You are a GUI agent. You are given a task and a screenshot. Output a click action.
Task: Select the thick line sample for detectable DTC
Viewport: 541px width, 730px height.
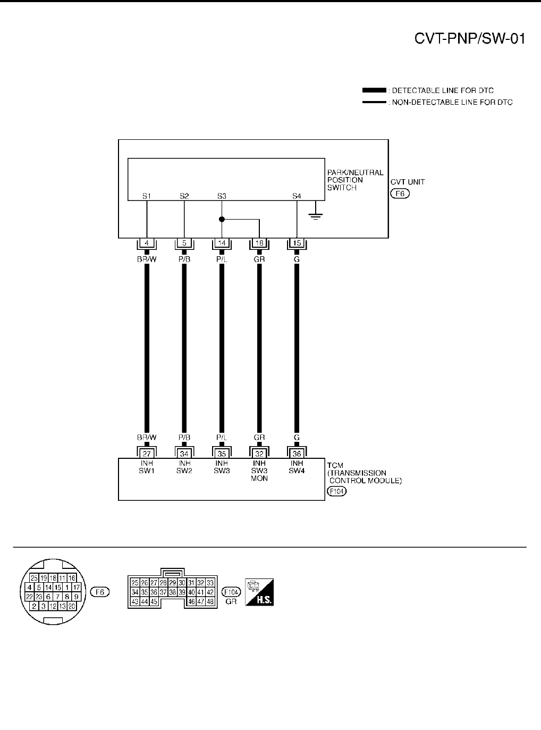(374, 90)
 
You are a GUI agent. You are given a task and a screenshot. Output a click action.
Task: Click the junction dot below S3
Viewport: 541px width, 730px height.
(222, 219)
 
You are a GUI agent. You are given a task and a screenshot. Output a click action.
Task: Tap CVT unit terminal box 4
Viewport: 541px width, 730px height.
(147, 244)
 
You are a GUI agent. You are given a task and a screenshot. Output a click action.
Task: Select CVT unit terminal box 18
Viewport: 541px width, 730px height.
(259, 244)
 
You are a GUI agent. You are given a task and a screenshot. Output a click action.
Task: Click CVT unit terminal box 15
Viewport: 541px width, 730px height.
(297, 244)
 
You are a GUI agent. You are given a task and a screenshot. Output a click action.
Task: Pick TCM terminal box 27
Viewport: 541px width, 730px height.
(147, 454)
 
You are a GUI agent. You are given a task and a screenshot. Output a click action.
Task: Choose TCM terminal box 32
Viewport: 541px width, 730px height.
(259, 454)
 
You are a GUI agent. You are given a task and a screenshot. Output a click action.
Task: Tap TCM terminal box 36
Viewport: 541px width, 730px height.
(297, 454)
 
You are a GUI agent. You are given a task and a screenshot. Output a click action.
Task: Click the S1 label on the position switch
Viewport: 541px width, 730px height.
(147, 196)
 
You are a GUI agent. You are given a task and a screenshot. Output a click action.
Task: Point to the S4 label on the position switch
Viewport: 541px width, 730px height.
(297, 196)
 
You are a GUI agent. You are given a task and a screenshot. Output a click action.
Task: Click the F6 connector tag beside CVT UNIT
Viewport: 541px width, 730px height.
(400, 194)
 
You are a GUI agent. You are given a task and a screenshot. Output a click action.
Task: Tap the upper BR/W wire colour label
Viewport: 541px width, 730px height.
(147, 259)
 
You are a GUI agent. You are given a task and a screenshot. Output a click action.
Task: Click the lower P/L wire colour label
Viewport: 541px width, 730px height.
(222, 438)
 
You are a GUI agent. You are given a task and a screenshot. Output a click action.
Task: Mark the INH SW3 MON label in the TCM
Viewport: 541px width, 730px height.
(259, 471)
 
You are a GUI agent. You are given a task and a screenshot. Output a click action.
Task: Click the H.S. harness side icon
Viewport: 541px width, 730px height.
(259, 592)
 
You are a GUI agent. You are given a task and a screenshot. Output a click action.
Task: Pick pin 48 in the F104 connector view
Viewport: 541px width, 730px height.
(210, 601)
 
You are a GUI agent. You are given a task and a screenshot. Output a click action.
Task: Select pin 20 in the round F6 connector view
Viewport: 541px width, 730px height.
(72, 606)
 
